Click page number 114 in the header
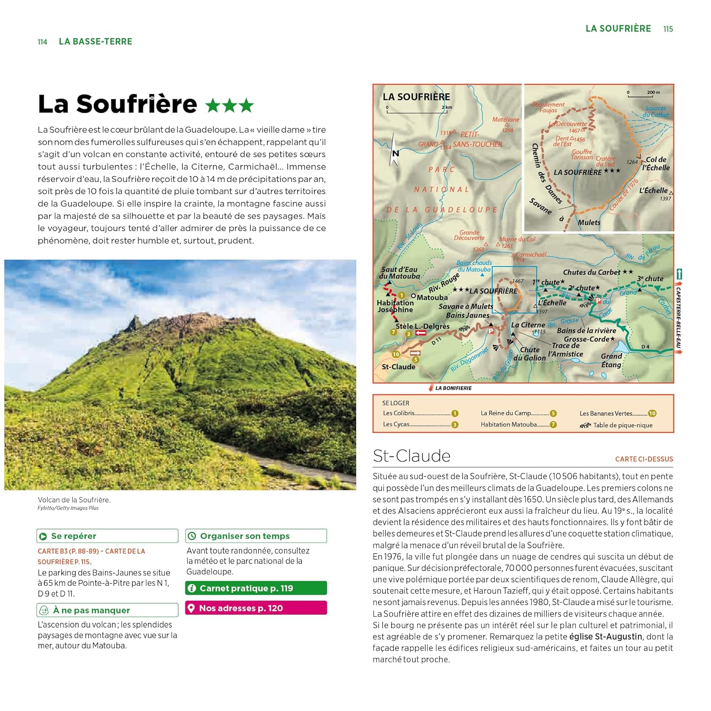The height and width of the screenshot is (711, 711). click(42, 42)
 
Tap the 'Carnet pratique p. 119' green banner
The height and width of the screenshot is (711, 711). click(256, 588)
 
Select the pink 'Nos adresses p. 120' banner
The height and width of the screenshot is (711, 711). click(256, 608)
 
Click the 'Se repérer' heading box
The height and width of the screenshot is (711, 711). click(107, 536)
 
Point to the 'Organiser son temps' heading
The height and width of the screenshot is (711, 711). click(256, 536)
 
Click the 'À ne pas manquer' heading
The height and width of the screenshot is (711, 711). click(107, 610)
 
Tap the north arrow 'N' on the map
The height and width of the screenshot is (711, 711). click(395, 153)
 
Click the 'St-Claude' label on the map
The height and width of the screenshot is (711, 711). click(398, 367)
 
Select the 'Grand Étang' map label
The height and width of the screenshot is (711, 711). click(611, 360)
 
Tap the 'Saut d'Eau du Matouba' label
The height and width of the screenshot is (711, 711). click(399, 273)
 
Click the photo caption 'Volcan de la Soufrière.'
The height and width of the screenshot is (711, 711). click(74, 500)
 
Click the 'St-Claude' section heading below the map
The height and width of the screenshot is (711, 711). click(411, 456)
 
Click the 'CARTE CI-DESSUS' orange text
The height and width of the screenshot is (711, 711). click(644, 459)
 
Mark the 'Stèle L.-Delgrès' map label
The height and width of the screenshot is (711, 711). click(422, 326)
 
